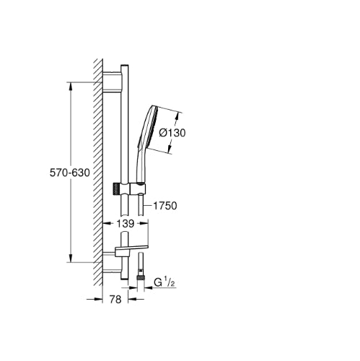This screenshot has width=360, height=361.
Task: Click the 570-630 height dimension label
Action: (x=70, y=173)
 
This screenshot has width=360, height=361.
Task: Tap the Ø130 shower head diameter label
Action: (x=172, y=133)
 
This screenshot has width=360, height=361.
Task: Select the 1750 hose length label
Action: (x=165, y=206)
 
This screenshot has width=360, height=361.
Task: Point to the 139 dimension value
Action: (x=125, y=224)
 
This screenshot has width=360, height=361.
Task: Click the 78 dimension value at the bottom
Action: (x=115, y=300)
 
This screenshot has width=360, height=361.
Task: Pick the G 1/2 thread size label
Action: (x=164, y=282)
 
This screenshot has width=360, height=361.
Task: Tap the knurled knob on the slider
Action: (x=116, y=188)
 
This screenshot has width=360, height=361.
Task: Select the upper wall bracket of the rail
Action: (x=112, y=82)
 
